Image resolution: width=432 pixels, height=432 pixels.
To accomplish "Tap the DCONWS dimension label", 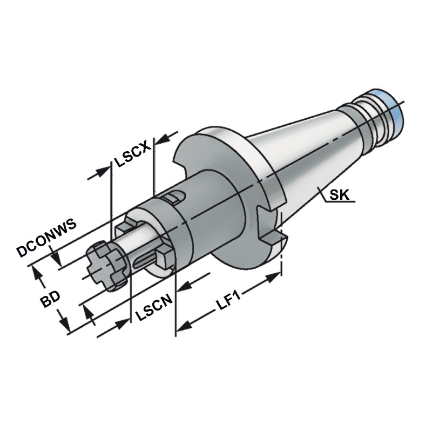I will pos(45,238).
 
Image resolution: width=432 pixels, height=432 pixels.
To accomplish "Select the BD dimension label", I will pos(52,299).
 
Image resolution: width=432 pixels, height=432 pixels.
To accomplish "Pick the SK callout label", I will pos(339,195).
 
